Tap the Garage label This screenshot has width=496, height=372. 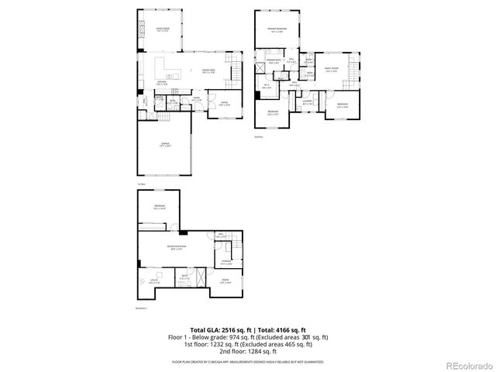point(164,144)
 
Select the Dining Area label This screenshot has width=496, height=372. point(208,71)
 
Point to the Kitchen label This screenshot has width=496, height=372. point(162,83)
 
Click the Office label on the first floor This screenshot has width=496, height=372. point(223,103)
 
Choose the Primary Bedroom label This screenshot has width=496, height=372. point(278,30)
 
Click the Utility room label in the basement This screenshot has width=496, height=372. point(153,281)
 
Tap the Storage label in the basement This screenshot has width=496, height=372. point(226,262)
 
